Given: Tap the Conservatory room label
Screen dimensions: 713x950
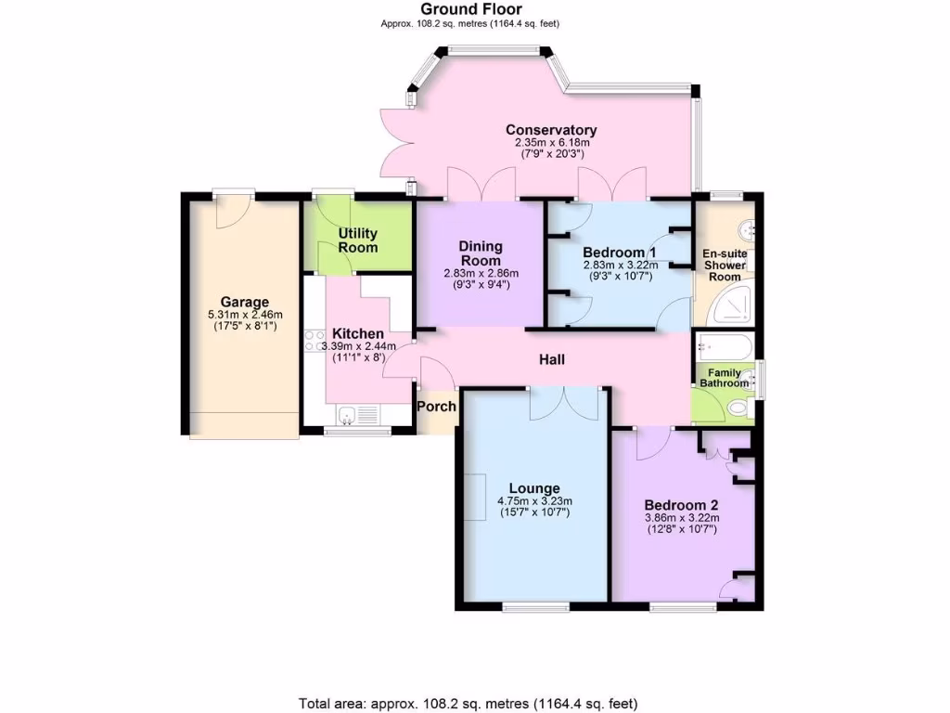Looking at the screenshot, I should tap(551, 130).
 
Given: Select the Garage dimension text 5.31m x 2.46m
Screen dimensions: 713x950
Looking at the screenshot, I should tap(244, 316).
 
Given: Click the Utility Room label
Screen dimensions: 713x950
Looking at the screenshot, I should tap(357, 240).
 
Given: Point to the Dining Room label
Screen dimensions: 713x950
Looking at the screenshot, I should tap(481, 253).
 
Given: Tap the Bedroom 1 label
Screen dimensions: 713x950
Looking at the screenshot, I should tap(619, 253).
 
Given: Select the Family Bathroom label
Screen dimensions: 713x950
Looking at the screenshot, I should tap(724, 378).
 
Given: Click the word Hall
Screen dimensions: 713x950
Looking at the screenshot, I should tap(553, 360).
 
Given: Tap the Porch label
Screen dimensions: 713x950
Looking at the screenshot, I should tap(436, 407).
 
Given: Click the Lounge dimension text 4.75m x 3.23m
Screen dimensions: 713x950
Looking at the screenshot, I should tap(533, 502).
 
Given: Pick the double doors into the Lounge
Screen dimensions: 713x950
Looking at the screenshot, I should tap(563, 401).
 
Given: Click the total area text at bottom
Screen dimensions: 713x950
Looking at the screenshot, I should tap(468, 703).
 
